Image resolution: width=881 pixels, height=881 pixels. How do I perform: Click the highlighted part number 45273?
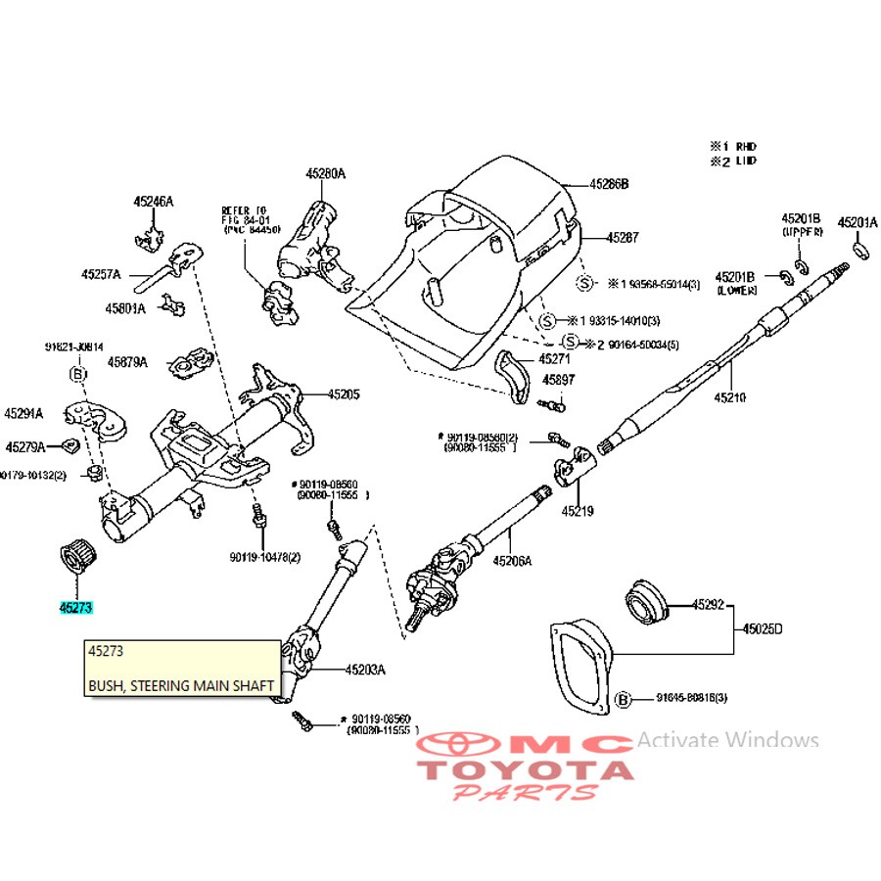[75, 608]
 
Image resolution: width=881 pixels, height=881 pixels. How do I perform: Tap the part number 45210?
[729, 398]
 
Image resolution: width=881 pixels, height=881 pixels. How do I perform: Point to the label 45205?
[344, 394]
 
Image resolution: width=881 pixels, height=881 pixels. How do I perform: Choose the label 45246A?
[154, 202]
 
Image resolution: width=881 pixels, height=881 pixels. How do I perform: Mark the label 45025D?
[763, 627]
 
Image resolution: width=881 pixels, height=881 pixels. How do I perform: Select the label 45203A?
[365, 671]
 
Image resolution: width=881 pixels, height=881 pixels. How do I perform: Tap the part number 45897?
[560, 380]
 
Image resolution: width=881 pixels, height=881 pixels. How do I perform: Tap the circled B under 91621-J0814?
[78, 373]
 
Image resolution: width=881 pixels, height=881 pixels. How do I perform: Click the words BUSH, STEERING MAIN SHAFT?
[181, 686]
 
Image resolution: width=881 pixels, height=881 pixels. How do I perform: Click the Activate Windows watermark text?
[727, 740]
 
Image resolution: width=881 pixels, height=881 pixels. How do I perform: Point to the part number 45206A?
[512, 561]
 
